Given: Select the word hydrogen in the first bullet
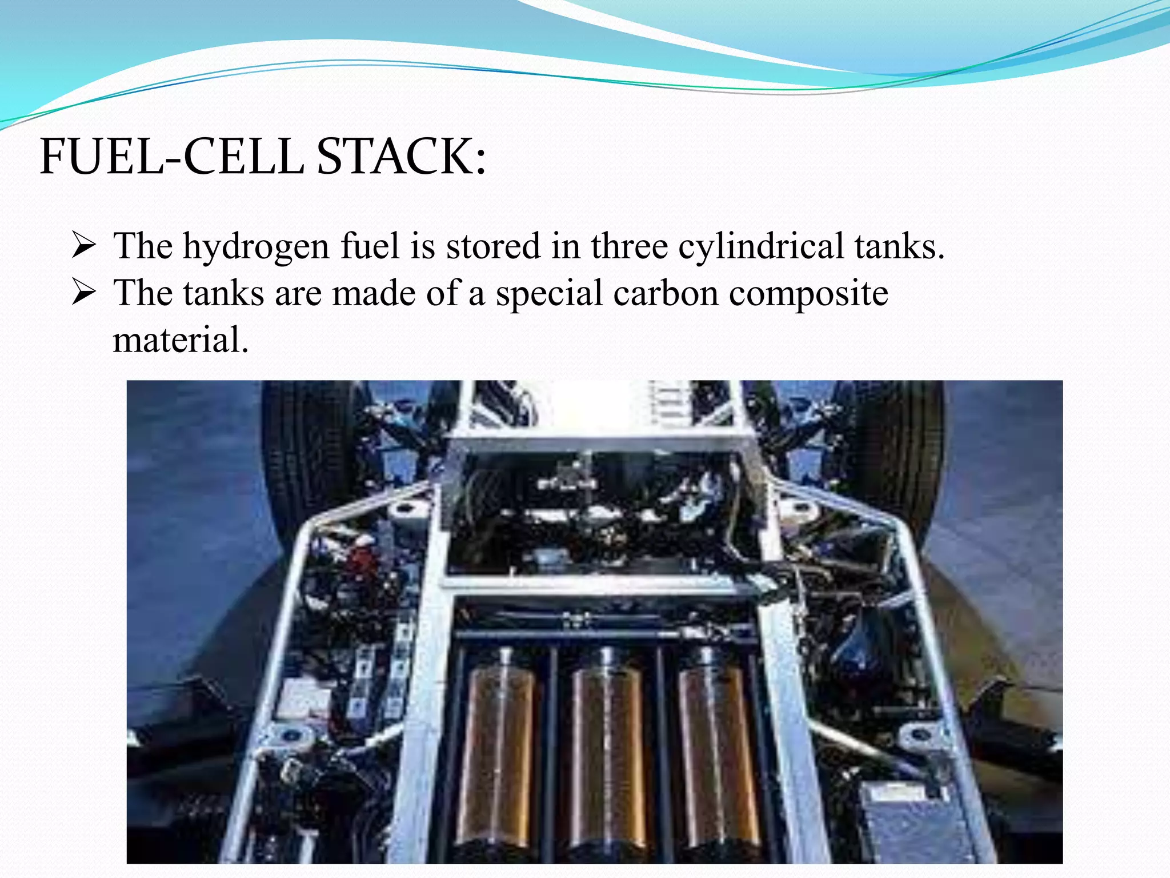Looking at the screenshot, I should [x=255, y=247].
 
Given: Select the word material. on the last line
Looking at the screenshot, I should [x=181, y=341].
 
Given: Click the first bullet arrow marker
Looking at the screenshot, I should [x=83, y=248].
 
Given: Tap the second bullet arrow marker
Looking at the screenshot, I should [x=83, y=294].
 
